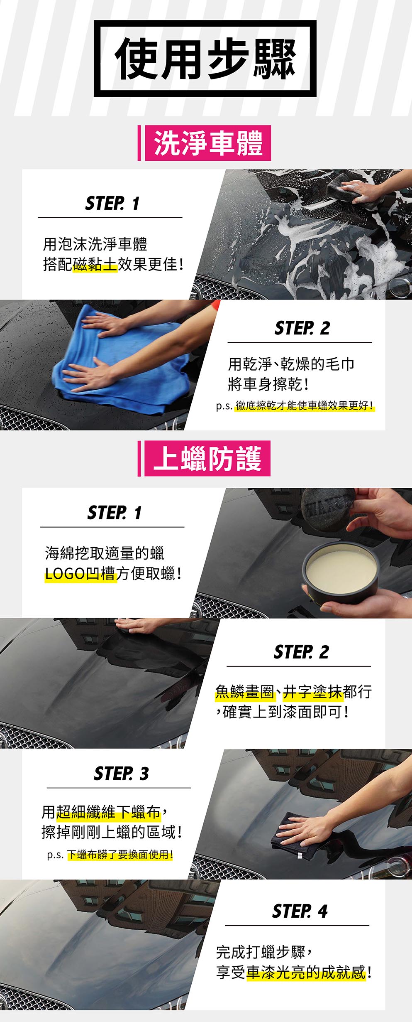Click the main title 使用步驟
(205, 59)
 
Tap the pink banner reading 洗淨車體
(207, 143)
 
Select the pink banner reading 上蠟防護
(207, 458)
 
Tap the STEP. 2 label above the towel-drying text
(302, 328)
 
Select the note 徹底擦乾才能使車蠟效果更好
(304, 405)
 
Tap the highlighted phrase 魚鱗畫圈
(244, 692)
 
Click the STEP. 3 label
(121, 774)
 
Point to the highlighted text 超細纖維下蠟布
(108, 812)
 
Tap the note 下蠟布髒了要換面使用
(119, 855)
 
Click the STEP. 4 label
(300, 911)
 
